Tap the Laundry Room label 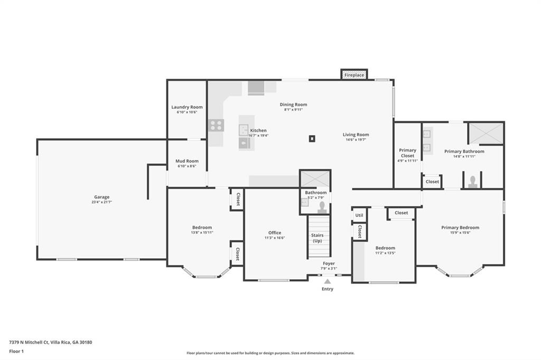point(187,107)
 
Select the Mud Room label point(187,161)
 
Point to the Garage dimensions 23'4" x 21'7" point(102,202)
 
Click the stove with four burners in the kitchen point(216,125)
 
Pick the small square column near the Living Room point(312,139)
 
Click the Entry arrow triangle point(328,281)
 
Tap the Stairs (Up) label point(318,238)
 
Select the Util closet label point(359,215)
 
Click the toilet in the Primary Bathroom point(473,182)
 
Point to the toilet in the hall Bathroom point(322,207)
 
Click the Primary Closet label point(407,153)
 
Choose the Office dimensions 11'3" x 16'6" point(275,238)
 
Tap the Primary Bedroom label point(460,228)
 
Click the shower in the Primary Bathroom point(486,133)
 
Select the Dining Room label point(293,105)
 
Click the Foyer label point(329,263)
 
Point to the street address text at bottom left point(50,343)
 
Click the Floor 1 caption point(16,352)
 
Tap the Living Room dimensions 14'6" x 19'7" point(356,140)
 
